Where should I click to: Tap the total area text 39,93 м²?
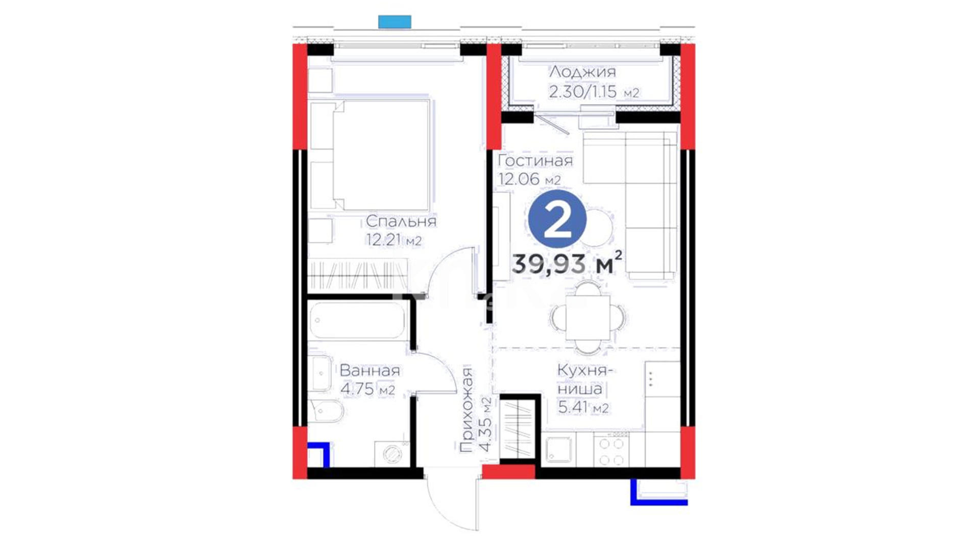(567, 264)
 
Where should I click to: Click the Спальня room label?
(401, 221)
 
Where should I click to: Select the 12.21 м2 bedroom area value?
(394, 240)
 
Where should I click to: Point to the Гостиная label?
(535, 160)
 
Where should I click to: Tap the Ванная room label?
(370, 371)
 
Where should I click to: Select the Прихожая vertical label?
(466, 410)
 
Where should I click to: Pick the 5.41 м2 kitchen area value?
(583, 407)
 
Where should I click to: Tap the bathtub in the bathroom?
(357, 320)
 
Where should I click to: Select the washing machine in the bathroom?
(391, 454)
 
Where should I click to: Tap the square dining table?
(587, 317)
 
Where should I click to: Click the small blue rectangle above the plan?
(395, 21)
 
